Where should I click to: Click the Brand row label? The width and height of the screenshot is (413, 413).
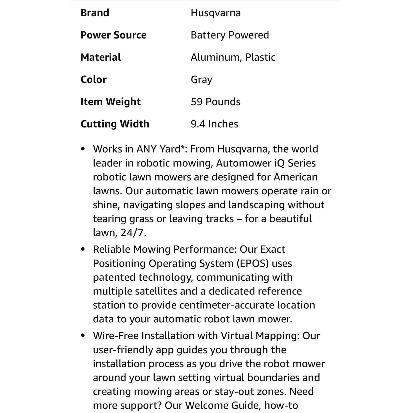coord(95,13)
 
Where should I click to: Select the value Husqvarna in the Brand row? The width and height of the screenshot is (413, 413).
coord(216,13)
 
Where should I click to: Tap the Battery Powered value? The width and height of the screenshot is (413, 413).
coord(230,35)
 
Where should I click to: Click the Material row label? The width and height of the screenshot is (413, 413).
coord(101,57)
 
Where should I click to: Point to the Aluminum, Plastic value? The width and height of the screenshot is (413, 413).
coord(233,57)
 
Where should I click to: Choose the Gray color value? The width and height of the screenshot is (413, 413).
coord(201,79)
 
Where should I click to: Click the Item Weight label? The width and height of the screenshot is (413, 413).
coord(111,102)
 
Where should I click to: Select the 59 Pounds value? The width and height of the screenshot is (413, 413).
coord(216,102)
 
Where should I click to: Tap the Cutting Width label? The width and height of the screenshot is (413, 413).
coord(115,124)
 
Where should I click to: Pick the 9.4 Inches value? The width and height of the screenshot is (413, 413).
coord(214,124)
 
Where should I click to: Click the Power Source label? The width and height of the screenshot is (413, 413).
coord(113,35)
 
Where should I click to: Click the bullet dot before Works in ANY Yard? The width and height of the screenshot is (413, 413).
coord(83,149)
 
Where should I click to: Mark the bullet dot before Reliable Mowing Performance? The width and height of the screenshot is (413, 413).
coord(83,250)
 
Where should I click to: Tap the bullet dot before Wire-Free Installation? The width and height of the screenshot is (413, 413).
coord(83,336)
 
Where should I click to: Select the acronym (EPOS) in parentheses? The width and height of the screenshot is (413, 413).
coord(253,264)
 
